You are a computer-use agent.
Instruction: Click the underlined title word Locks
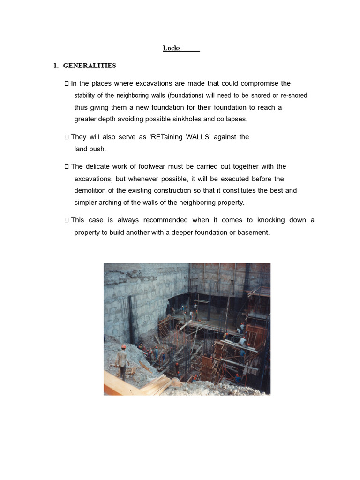point(172,48)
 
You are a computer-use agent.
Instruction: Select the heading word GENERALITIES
point(90,66)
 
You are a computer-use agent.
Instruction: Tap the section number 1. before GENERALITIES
point(56,66)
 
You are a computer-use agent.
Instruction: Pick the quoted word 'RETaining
point(169,137)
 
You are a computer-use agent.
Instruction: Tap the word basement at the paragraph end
point(253,232)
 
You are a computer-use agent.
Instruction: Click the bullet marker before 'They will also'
point(67,137)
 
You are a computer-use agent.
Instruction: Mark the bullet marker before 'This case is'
point(67,220)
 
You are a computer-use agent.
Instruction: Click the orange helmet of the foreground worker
point(123,347)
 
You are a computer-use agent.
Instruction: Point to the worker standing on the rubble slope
point(122,361)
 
